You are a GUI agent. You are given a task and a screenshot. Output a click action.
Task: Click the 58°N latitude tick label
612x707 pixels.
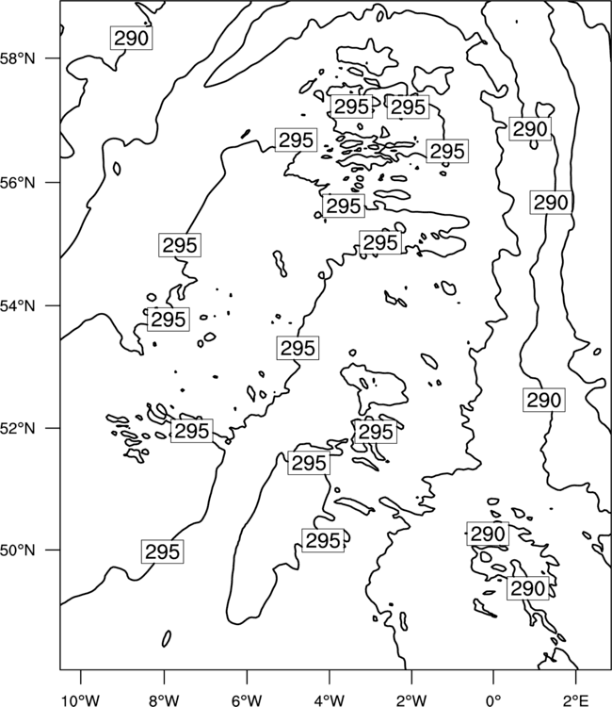tap(18, 58)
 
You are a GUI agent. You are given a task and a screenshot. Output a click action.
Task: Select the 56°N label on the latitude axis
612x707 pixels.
tap(18, 183)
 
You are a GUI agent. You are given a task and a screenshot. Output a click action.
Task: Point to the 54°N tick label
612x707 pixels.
tap(18, 305)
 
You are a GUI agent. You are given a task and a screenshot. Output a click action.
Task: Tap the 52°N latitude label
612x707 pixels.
tap(18, 428)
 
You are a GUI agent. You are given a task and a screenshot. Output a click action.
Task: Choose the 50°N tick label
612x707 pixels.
tap(18, 551)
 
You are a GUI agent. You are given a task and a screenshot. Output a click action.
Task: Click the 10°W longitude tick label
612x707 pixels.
tap(81, 700)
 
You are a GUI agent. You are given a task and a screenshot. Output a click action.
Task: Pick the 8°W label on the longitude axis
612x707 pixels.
tap(164, 700)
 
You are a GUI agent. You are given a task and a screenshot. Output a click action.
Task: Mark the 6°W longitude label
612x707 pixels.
tap(247, 700)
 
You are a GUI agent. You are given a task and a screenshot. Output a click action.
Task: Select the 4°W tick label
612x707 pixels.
tap(329, 700)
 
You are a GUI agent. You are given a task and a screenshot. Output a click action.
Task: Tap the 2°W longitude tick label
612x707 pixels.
tap(411, 700)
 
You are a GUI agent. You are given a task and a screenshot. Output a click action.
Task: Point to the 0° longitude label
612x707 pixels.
tap(493, 700)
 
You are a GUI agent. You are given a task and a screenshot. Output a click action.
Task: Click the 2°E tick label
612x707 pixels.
tap(576, 700)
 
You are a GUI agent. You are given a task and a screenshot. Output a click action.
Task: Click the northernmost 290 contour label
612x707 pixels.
tap(131, 39)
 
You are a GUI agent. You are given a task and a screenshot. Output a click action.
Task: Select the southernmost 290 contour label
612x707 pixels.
tap(528, 588)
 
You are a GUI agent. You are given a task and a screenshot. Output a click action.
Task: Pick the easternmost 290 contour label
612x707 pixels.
tap(550, 203)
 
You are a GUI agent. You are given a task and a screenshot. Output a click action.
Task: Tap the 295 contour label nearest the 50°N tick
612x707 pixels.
tap(163, 551)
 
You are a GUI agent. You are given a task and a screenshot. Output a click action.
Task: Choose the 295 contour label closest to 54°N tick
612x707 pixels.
tap(169, 320)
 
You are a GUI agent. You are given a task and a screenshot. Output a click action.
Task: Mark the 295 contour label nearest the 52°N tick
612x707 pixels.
tap(192, 431)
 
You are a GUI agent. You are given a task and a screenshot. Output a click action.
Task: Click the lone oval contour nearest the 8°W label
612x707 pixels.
tap(167, 638)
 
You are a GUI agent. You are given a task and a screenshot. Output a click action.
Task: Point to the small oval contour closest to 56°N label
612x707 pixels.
tap(117, 169)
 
